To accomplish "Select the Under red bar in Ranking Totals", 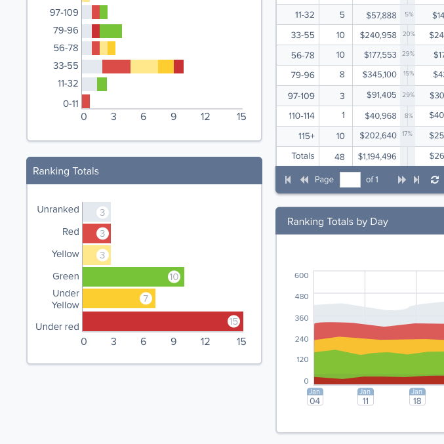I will (157, 321).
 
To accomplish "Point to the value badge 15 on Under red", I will (233, 321).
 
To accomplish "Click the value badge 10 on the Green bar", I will (174, 277).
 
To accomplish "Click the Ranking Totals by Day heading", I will (337, 222).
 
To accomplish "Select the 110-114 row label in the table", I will (302, 115).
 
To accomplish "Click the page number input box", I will (350, 180).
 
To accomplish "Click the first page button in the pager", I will (288, 180).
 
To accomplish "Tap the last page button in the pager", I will (416, 180).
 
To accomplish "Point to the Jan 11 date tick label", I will (365, 397).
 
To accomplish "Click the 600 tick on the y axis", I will (301, 275).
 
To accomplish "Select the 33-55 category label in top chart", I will (66, 66).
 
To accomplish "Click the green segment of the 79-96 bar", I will (111, 31).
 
